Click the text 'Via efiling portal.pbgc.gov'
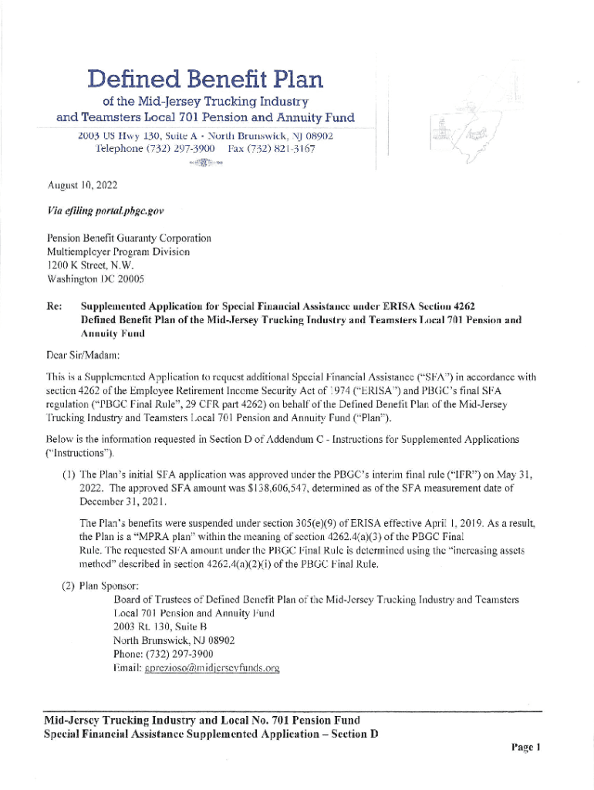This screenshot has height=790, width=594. coord(106,211)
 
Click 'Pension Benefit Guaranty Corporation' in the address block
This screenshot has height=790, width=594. coord(129,239)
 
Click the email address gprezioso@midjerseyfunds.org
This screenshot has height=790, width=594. coord(196,668)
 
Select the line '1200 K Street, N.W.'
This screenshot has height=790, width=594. coord(90,265)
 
